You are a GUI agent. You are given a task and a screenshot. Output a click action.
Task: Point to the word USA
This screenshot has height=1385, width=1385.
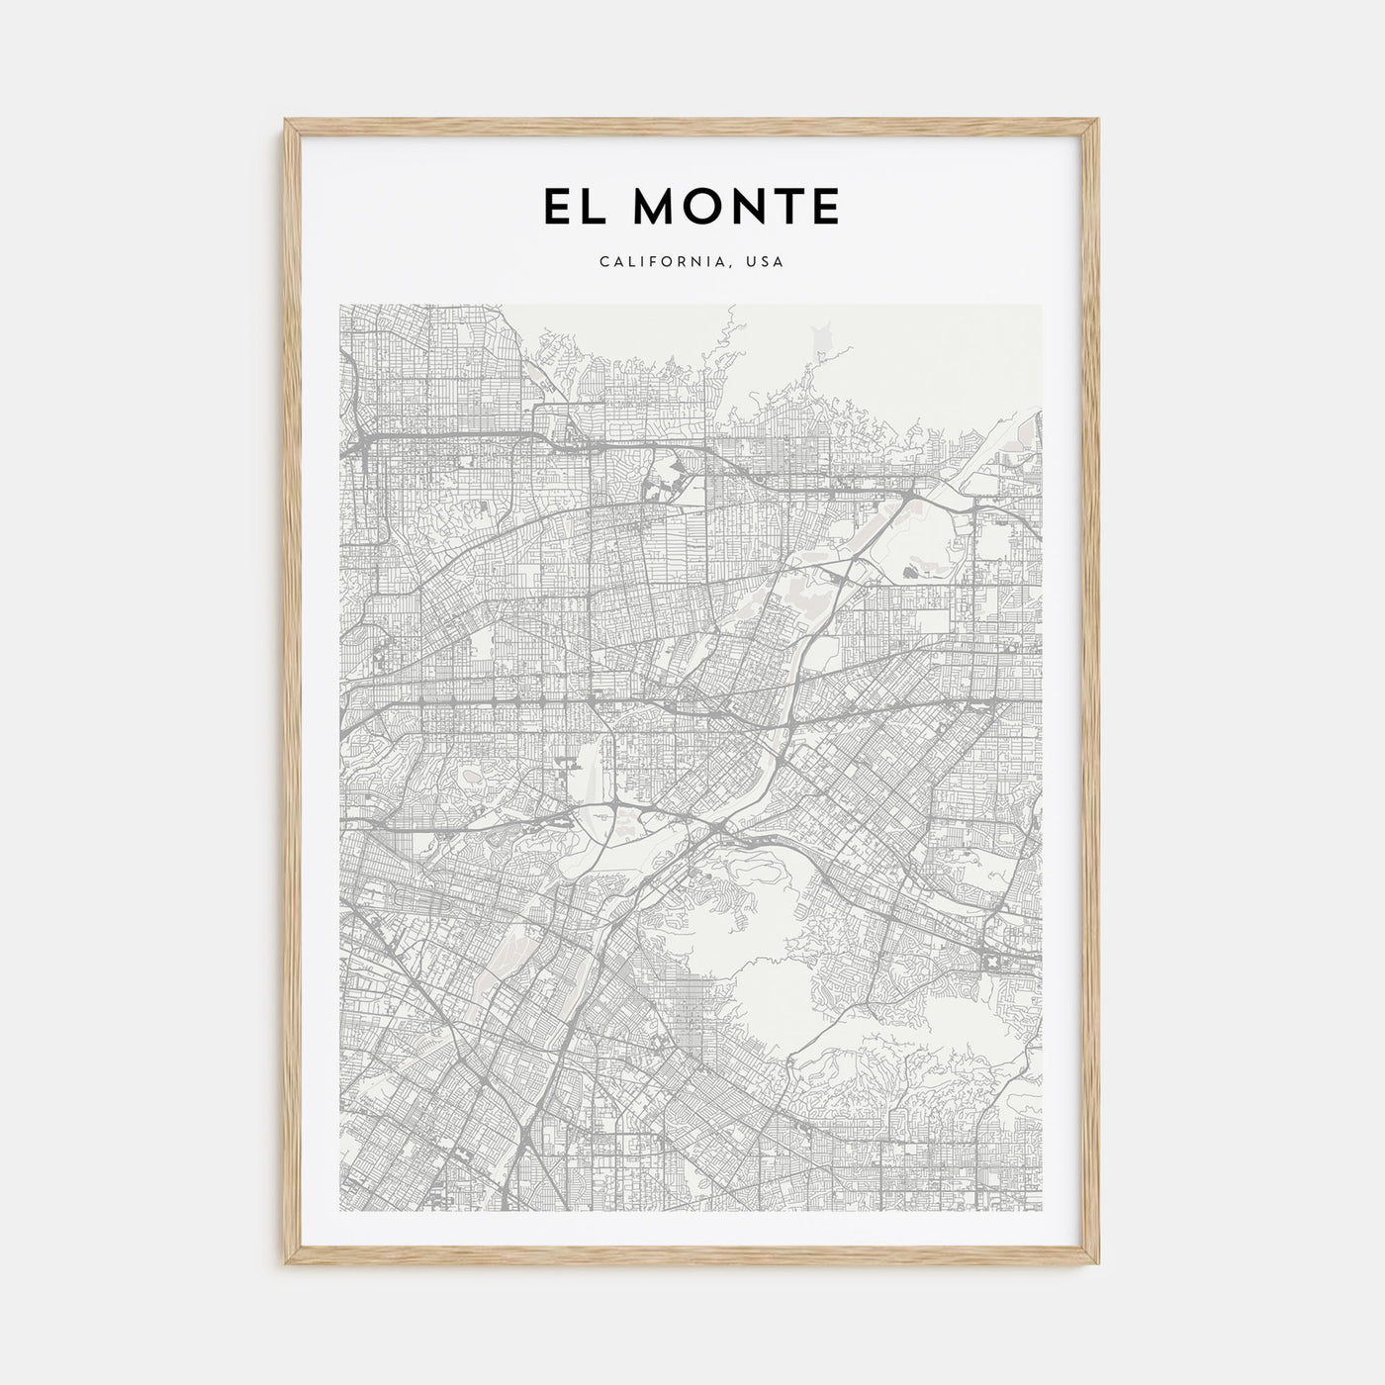765,262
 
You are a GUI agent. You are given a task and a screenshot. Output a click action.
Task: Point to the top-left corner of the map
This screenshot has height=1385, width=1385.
339,305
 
